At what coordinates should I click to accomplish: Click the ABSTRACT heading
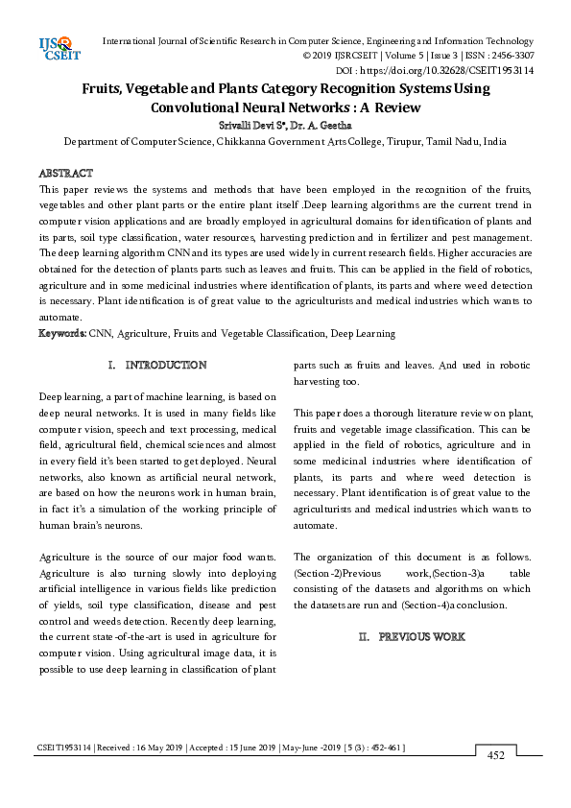click(65, 173)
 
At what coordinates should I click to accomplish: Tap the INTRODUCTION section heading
click(166, 366)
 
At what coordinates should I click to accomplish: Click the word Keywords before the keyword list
click(61, 334)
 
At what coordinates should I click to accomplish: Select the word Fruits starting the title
click(107, 88)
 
